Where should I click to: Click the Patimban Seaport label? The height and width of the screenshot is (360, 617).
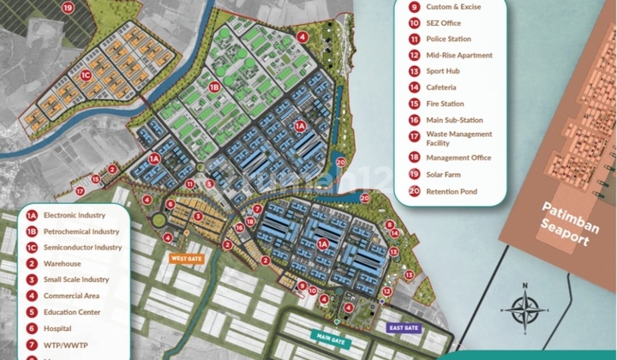[x=566, y=223]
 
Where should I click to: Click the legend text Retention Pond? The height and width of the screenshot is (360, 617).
[x=452, y=191]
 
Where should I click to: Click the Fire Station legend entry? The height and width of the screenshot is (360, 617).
[x=446, y=104]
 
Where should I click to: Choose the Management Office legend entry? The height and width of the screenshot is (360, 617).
[x=458, y=158]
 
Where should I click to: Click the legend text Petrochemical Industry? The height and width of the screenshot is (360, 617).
[x=81, y=231]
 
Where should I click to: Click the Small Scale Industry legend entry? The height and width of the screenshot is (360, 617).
[x=76, y=279]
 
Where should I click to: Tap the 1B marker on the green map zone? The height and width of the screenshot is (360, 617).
[x=215, y=87]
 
